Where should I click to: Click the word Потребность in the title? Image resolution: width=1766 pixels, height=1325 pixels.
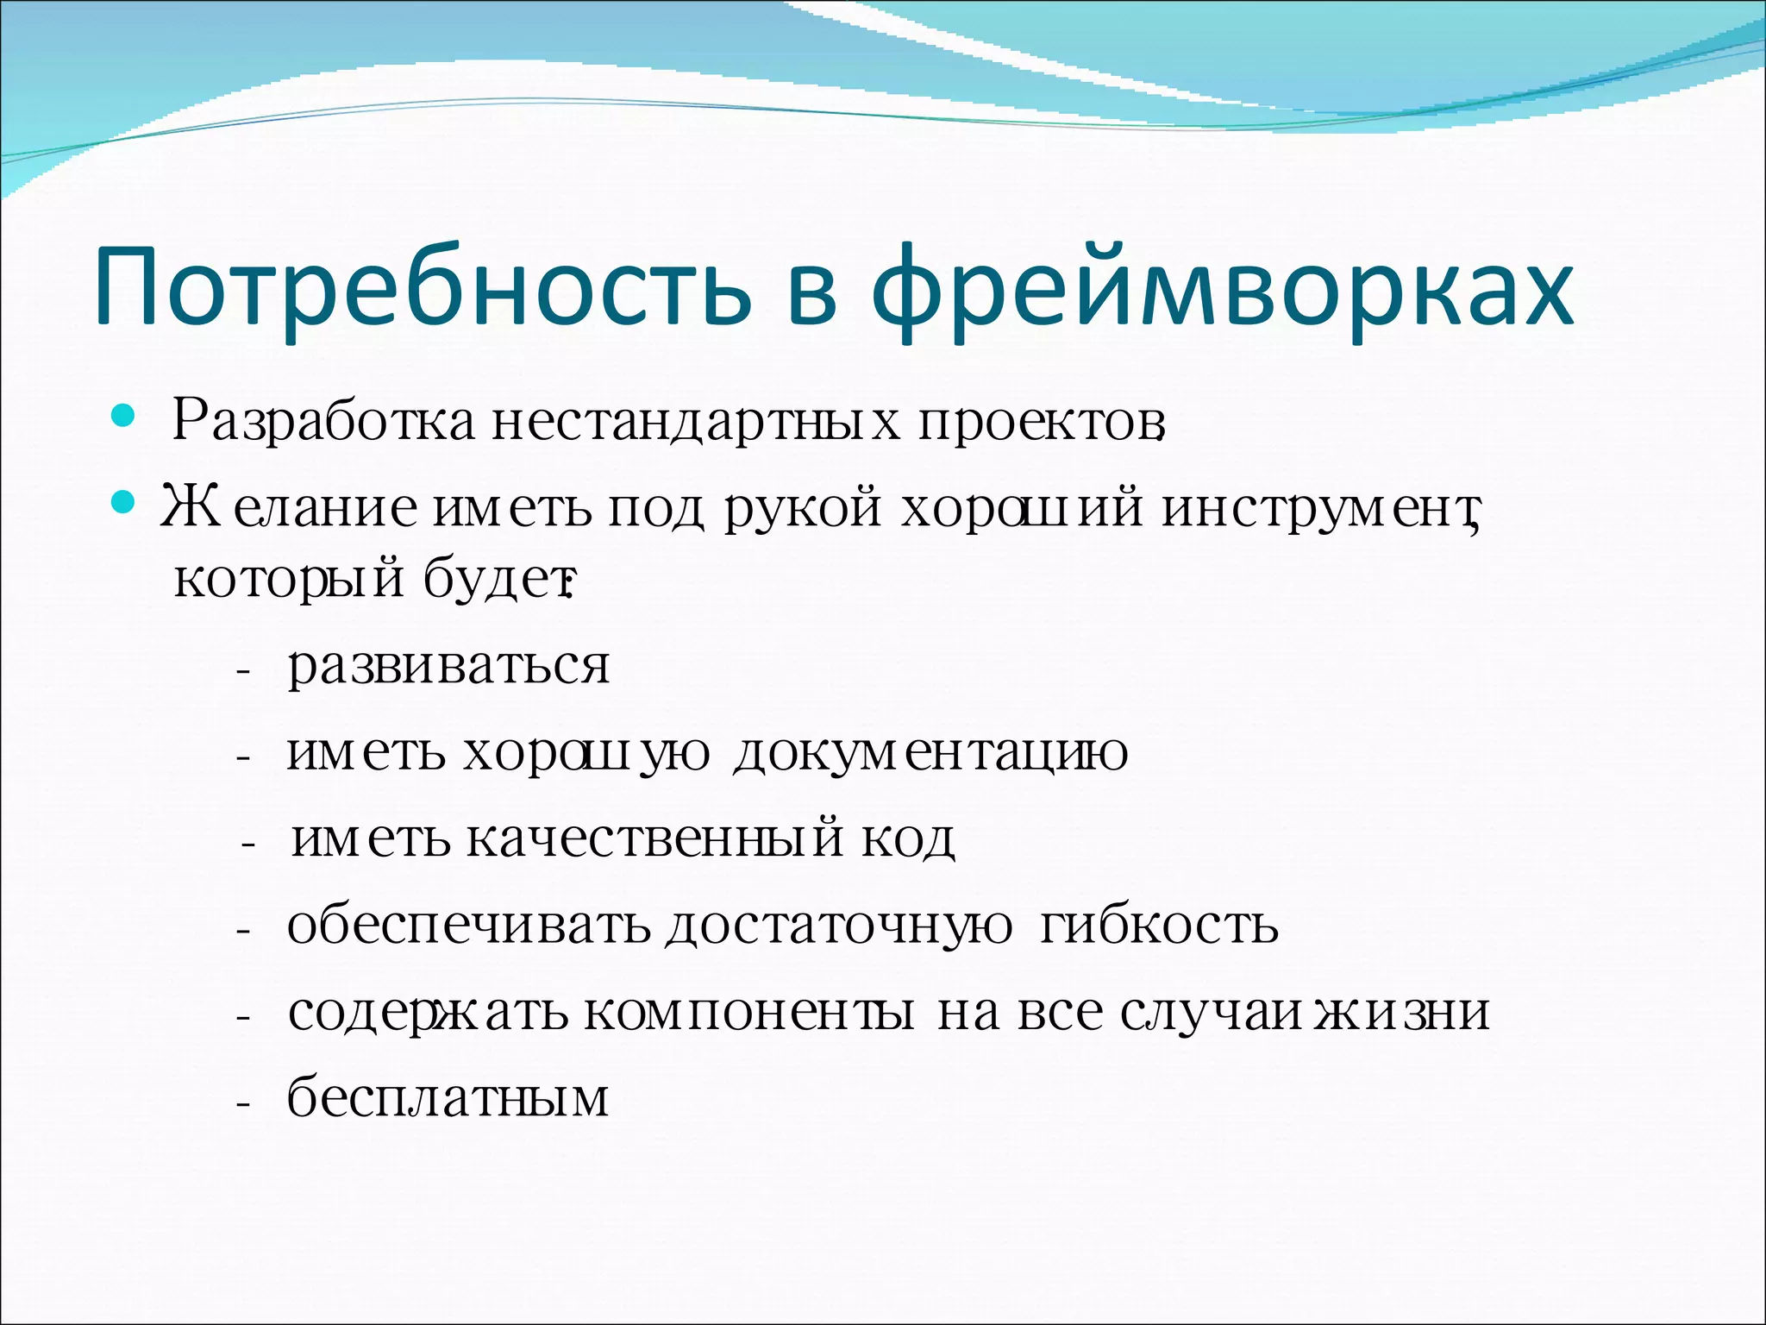[x=423, y=289]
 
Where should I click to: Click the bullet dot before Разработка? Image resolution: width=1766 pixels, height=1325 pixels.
[x=124, y=418]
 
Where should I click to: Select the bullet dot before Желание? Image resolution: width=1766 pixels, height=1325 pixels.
[x=124, y=501]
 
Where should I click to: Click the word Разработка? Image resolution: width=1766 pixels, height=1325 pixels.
[x=323, y=421]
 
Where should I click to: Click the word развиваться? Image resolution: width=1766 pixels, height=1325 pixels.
[x=448, y=667]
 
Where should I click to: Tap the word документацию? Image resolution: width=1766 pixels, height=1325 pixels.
[x=930, y=753]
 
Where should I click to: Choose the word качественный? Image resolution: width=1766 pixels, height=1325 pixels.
[x=655, y=838]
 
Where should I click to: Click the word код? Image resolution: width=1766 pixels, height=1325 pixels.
[x=908, y=839]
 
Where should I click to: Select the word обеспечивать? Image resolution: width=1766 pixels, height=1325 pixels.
[x=470, y=926]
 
